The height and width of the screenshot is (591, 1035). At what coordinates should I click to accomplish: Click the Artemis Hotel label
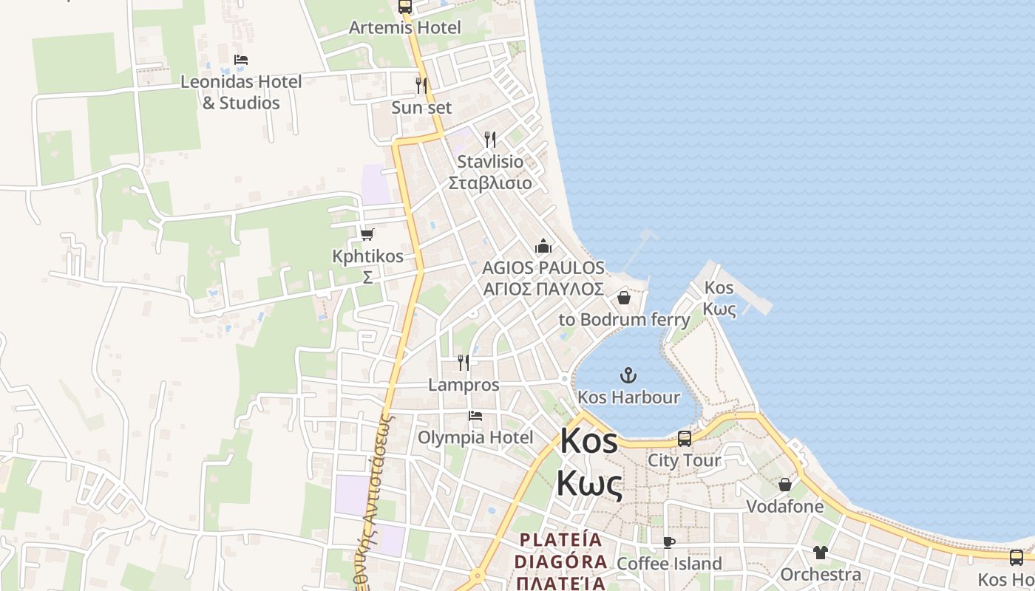(404, 27)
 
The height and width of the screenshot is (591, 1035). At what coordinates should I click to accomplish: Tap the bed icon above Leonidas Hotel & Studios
(240, 60)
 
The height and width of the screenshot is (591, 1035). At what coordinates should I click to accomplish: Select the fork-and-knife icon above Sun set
(421, 85)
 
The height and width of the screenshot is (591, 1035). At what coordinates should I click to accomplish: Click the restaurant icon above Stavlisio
(489, 139)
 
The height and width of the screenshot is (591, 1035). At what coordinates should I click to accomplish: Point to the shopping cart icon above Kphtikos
(367, 234)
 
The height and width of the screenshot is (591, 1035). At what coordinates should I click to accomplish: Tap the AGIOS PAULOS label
(543, 267)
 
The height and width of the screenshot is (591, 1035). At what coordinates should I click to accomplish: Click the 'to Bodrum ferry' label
(624, 320)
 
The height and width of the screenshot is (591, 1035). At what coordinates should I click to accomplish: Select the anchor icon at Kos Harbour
(628, 375)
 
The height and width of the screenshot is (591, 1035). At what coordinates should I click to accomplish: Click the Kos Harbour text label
(628, 397)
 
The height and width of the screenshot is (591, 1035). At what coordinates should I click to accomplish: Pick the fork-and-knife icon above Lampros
(464, 362)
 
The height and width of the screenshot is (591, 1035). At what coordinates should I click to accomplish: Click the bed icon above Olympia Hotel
(475, 416)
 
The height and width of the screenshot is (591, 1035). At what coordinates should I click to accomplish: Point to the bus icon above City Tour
(685, 438)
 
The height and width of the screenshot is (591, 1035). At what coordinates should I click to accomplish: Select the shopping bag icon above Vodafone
(784, 485)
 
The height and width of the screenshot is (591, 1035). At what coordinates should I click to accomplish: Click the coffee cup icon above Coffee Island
(669, 542)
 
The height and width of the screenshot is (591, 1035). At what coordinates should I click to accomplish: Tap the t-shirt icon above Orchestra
(821, 552)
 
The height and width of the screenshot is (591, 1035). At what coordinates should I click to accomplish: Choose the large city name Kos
(588, 441)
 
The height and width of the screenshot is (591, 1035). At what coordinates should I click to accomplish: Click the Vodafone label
(784, 507)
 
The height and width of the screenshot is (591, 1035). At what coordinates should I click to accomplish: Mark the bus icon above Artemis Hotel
(404, 7)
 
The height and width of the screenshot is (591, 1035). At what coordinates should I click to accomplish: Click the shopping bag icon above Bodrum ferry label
(623, 298)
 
